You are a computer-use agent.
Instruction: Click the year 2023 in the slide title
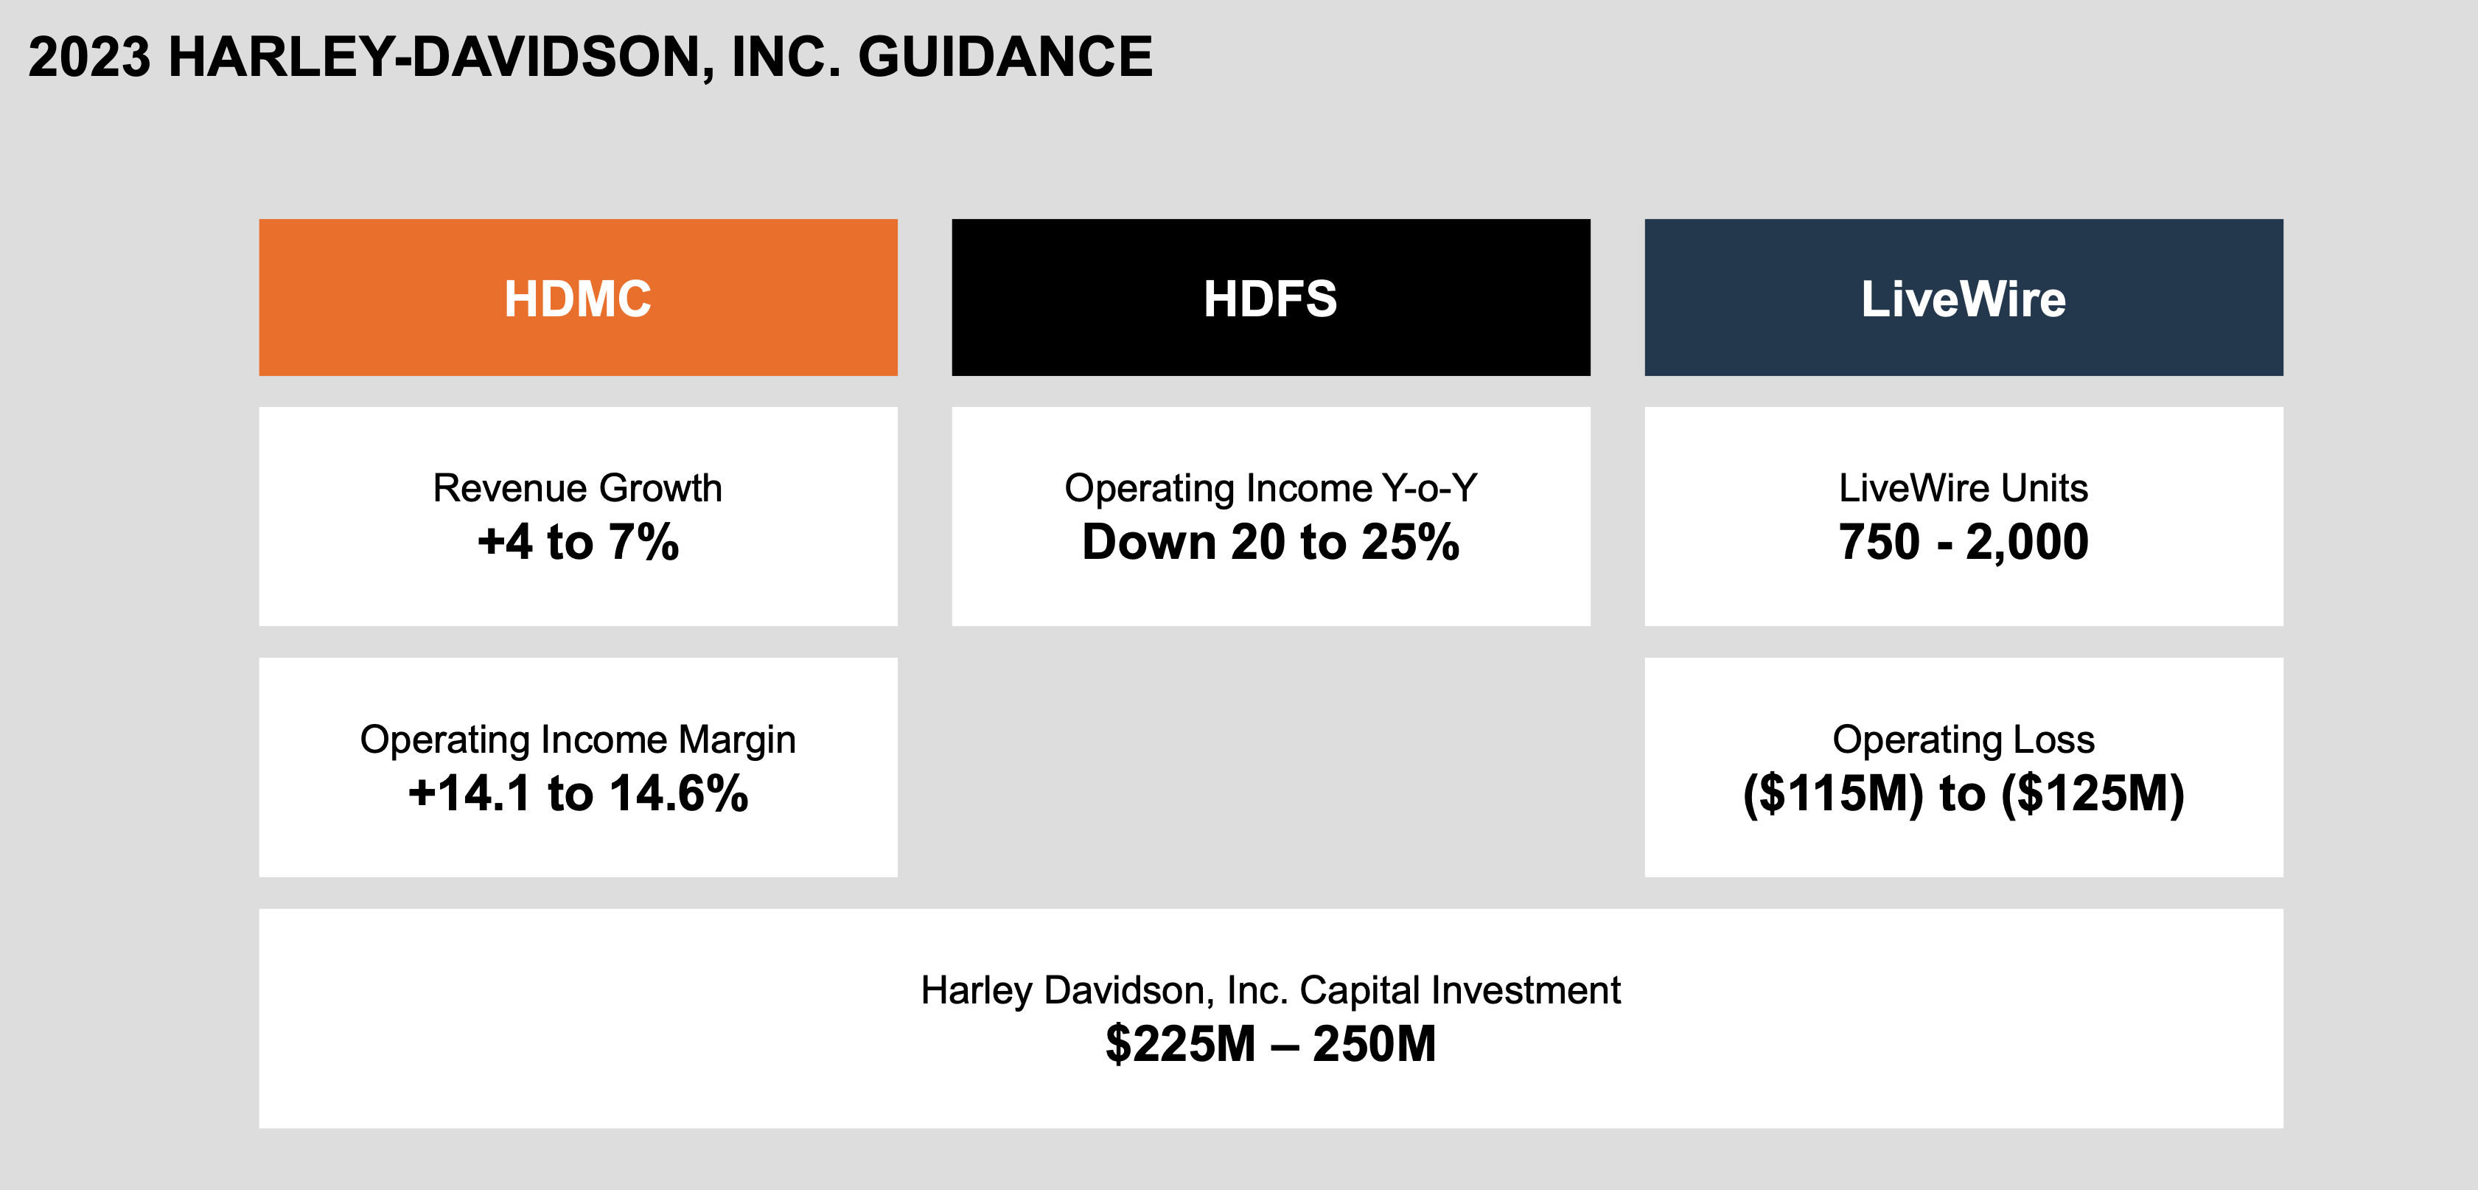89,57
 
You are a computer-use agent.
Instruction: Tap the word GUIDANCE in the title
1005,57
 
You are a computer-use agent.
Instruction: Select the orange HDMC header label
578,298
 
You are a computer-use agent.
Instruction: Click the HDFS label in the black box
1270,298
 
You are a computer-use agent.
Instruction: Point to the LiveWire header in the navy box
1964,298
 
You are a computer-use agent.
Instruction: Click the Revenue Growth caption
577,488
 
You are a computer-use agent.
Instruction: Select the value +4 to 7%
578,542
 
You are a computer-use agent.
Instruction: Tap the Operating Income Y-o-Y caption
1270,488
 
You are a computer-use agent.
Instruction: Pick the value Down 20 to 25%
1270,542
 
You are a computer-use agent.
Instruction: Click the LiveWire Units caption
1964,488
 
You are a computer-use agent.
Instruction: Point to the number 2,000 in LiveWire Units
2027,542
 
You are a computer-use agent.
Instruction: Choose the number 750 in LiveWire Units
1879,542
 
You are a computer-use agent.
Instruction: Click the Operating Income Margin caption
577,739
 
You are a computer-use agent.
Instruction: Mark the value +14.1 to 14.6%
578,793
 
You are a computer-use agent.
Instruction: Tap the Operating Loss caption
1964,739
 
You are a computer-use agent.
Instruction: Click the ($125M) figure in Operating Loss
2093,793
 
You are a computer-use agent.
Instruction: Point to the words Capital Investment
1459,990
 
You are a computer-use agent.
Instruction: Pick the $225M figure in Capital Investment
1180,1044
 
